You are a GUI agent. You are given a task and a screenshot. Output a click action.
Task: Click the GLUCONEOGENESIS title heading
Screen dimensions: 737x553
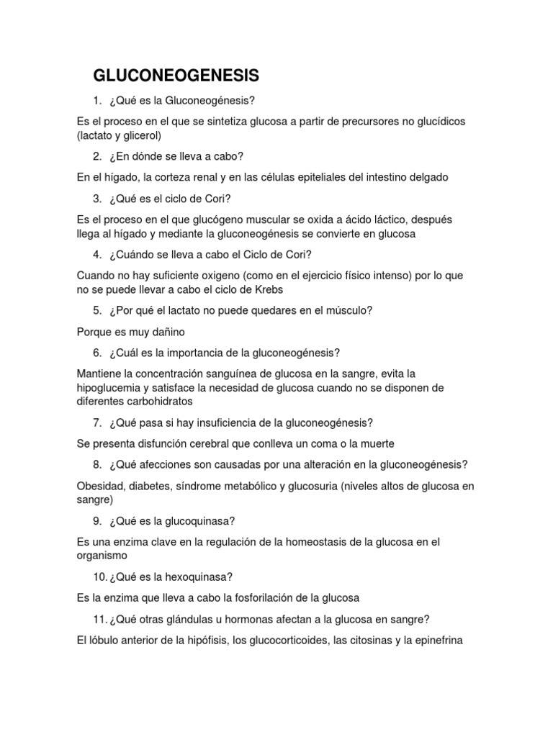176,76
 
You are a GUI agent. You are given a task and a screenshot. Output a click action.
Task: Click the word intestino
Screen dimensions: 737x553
382,177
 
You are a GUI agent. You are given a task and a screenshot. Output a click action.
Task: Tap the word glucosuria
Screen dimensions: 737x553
313,486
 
